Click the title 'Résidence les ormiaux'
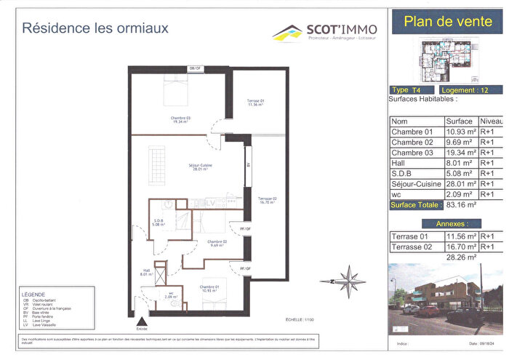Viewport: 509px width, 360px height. point(95,29)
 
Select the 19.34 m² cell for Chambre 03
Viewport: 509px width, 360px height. point(460,153)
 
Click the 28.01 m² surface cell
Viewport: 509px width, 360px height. point(460,184)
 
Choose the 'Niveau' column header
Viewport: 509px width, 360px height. point(491,121)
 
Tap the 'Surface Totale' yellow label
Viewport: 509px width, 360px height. point(415,205)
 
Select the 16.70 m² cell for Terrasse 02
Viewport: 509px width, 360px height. point(460,247)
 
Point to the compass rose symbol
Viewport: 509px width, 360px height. point(352,281)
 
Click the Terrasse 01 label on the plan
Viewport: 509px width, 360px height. point(256,103)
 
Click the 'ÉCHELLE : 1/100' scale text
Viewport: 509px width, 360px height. point(297,319)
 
